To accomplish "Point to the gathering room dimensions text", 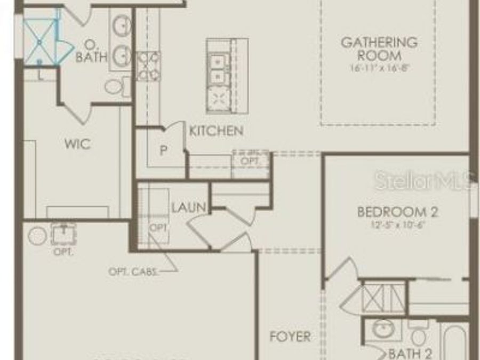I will [379, 68].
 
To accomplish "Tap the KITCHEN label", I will [217, 131].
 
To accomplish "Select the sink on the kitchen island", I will [219, 70].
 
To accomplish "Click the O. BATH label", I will [92, 51].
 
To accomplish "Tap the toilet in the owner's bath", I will [115, 86].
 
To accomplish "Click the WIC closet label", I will [77, 144].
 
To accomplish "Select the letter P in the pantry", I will [164, 151].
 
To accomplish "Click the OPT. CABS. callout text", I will [133, 271].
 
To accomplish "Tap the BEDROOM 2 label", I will [398, 212].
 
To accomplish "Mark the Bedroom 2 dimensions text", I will [398, 225].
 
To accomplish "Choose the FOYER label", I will [290, 337].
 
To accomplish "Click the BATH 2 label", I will [410, 353].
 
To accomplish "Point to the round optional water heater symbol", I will [37, 235].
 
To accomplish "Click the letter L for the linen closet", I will [41, 75].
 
